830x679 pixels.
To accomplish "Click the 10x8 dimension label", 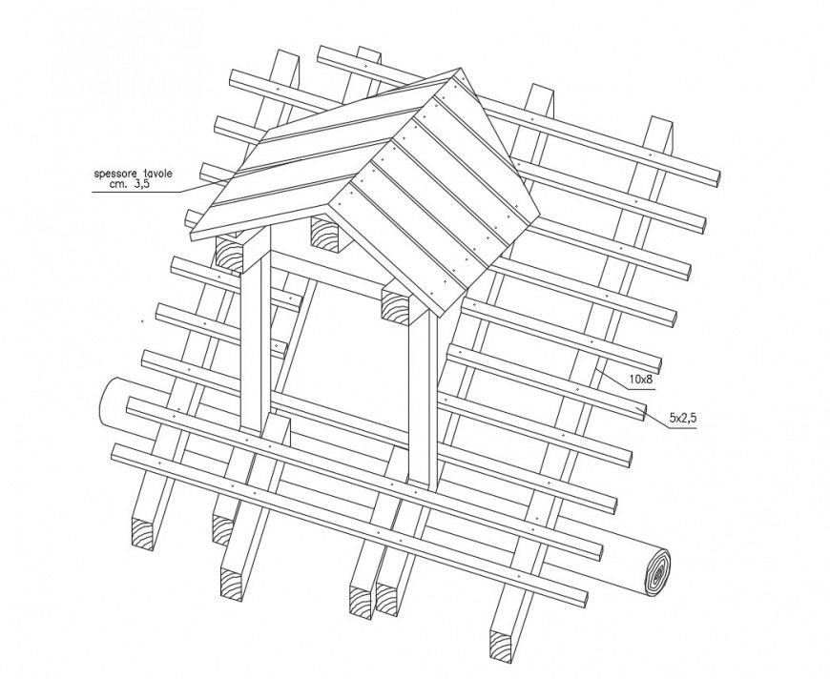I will [x=640, y=379].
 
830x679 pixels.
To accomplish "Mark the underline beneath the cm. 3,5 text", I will [x=143, y=193].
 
